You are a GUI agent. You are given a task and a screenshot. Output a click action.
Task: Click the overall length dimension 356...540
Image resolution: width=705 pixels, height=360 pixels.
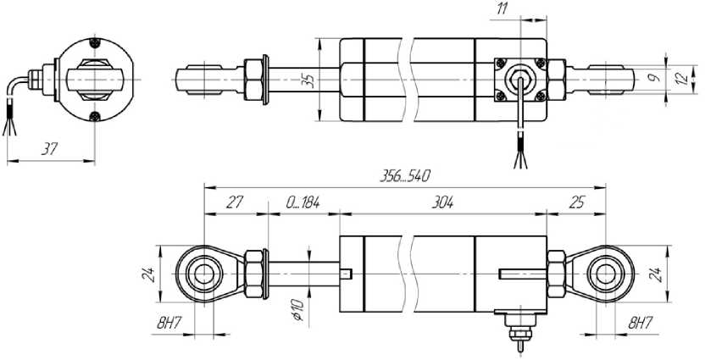click(x=405, y=175)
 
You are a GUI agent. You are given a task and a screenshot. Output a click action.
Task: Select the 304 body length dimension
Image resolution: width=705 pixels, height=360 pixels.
click(x=442, y=202)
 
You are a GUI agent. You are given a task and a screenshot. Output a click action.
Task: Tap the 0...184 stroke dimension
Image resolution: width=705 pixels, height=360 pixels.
click(x=303, y=202)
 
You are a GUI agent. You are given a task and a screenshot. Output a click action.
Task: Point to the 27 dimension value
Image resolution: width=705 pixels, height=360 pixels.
click(x=234, y=202)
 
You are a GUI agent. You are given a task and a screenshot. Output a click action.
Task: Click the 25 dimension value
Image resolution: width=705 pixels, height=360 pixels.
click(x=576, y=202)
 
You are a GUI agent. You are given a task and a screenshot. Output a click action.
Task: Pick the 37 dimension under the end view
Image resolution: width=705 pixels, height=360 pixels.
click(x=49, y=149)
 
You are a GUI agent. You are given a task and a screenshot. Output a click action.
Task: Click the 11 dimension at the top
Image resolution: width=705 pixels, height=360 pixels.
click(x=502, y=9)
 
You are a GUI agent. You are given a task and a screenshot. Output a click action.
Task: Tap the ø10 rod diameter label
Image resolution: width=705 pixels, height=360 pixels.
click(x=299, y=310)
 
